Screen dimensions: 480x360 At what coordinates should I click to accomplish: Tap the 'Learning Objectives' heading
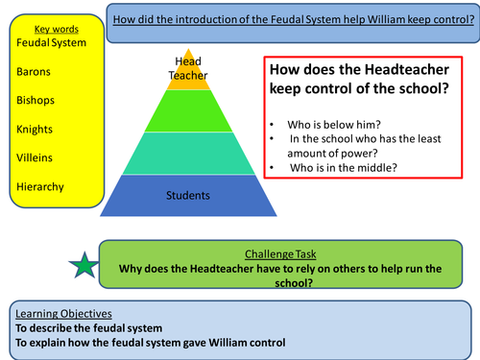click(x=60, y=313)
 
